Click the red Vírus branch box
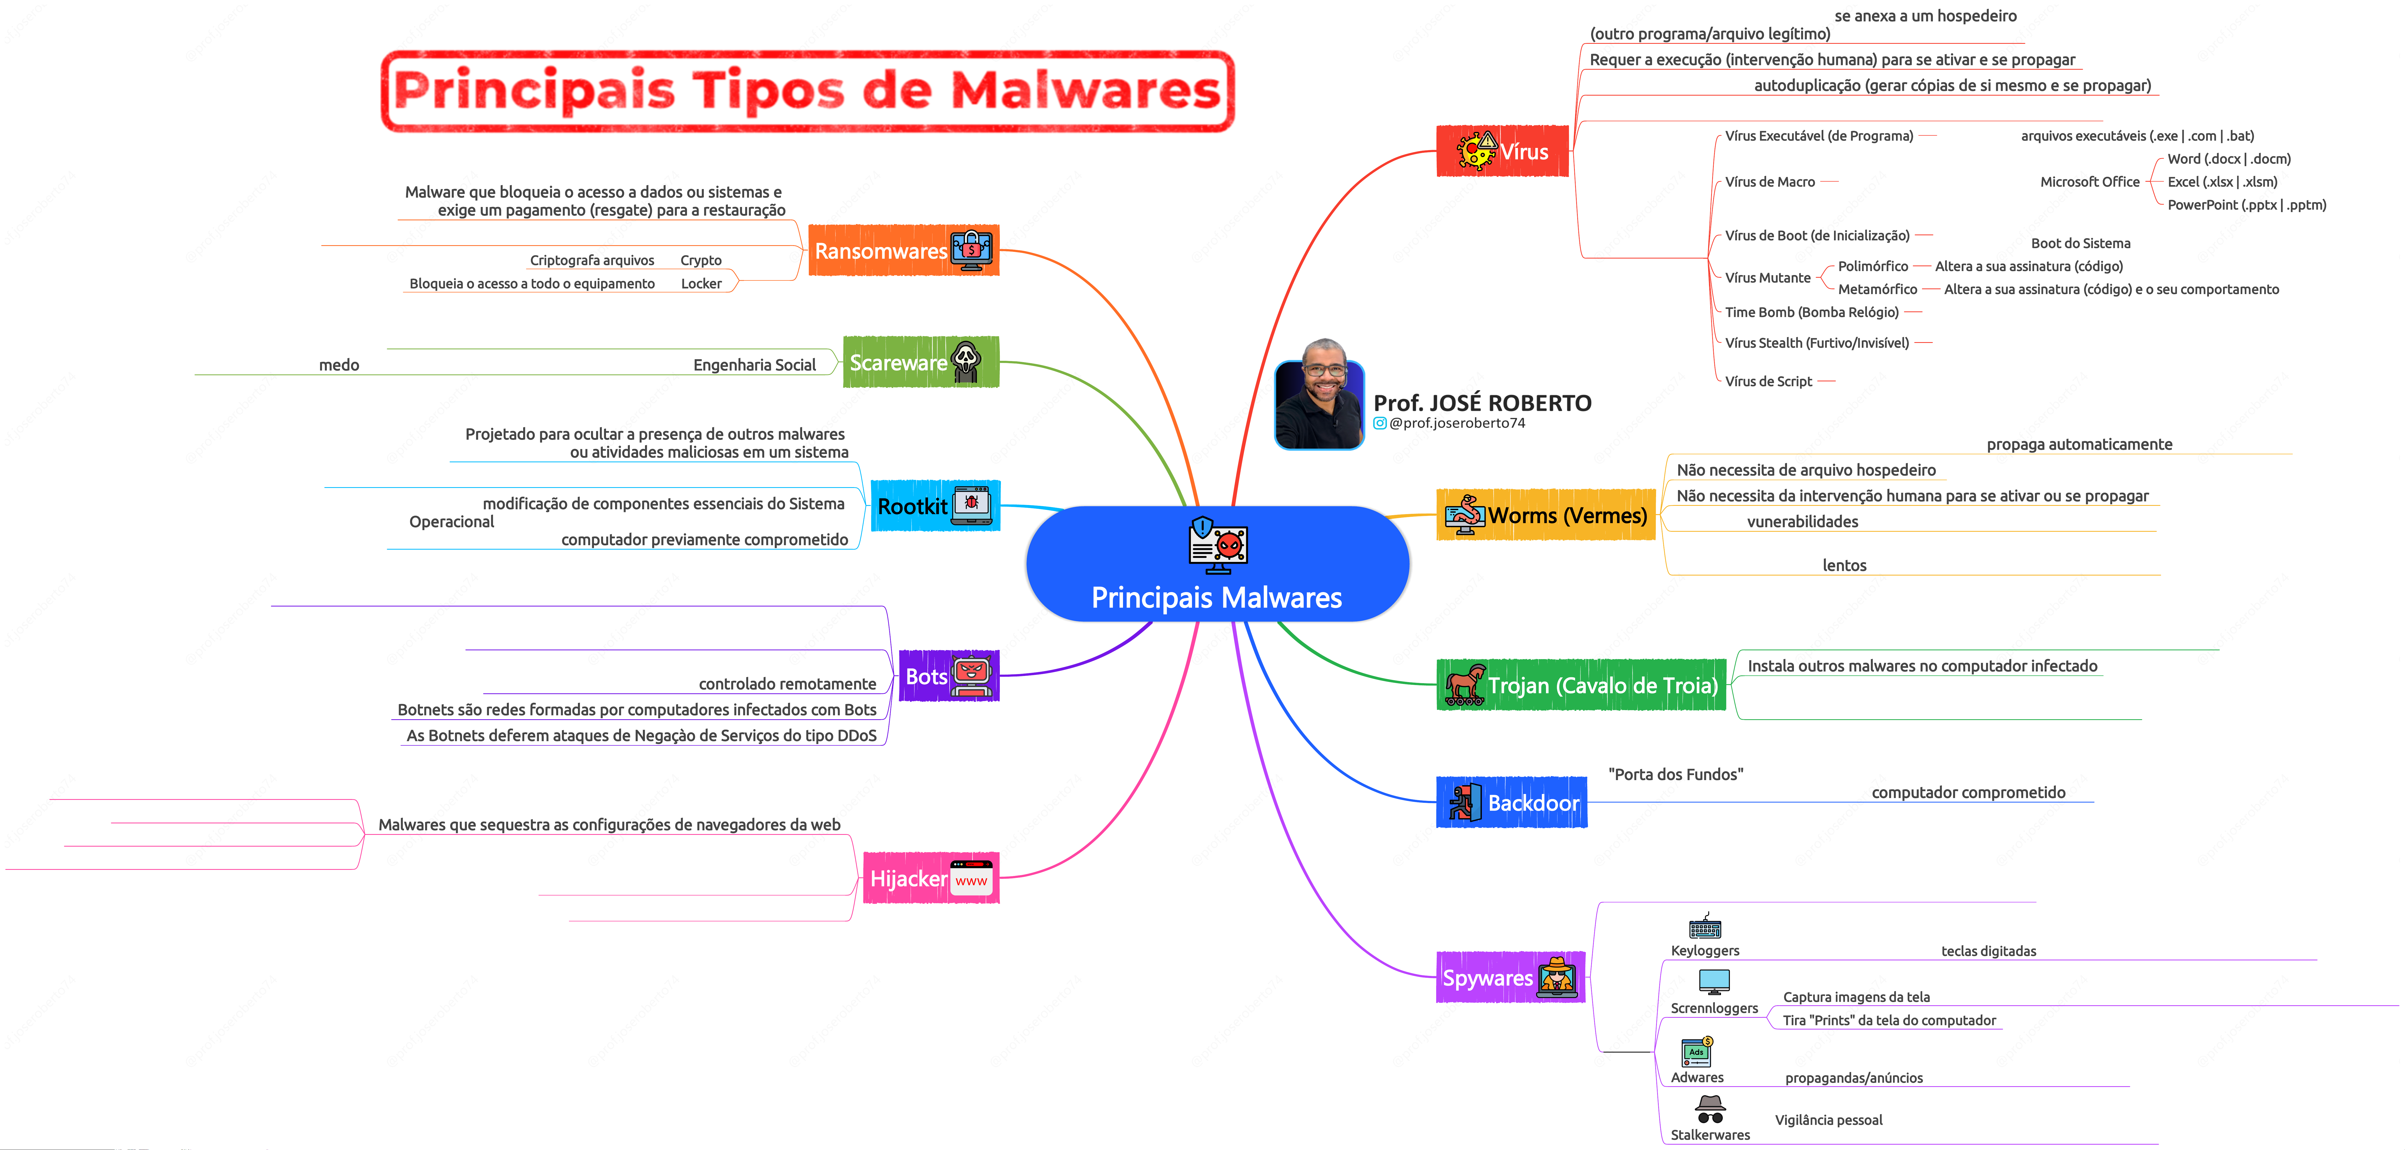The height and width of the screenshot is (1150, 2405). (x=1502, y=151)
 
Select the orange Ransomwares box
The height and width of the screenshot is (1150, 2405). (x=903, y=250)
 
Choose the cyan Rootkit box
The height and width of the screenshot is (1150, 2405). (x=935, y=506)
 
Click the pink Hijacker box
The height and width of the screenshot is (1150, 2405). (x=930, y=878)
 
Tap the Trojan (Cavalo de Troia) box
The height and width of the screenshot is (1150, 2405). (x=1581, y=685)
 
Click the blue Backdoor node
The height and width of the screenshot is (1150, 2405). (x=1511, y=803)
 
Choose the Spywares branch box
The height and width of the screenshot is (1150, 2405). (x=1510, y=977)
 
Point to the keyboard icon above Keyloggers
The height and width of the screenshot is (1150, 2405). (x=1705, y=927)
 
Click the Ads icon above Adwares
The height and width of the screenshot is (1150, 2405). (x=1696, y=1052)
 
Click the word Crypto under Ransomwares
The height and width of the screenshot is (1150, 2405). (x=700, y=260)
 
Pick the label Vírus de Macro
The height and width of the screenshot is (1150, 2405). (x=1769, y=182)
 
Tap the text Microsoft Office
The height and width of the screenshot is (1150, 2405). (x=2089, y=182)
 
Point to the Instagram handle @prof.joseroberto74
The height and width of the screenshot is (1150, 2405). (x=1456, y=423)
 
